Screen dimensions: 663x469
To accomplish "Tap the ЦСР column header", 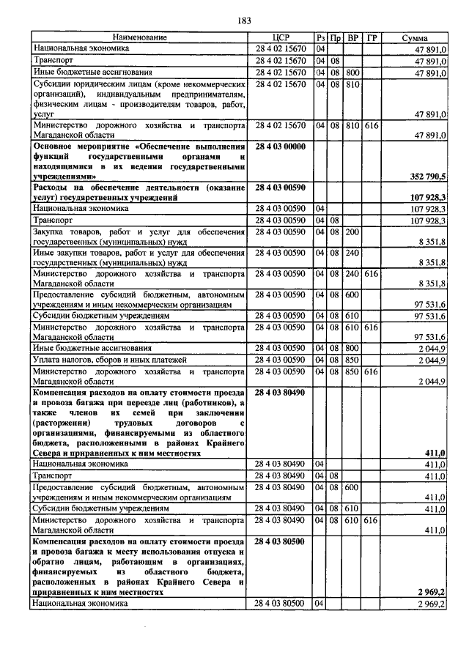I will coord(281,37).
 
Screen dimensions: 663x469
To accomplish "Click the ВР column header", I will coord(352,37).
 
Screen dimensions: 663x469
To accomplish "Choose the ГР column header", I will coord(372,37).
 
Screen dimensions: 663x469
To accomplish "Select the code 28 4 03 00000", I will coord(281,147).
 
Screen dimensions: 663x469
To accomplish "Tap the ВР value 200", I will coord(352,232).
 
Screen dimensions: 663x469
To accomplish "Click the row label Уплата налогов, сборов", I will coord(100,360).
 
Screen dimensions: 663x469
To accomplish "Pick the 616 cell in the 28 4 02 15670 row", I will coord(372,126).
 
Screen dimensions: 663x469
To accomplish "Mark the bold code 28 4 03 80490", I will coord(281,393).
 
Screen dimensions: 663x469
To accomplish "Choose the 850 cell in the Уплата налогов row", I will coord(352,360).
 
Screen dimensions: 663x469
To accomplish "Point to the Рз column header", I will coord(320,37).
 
